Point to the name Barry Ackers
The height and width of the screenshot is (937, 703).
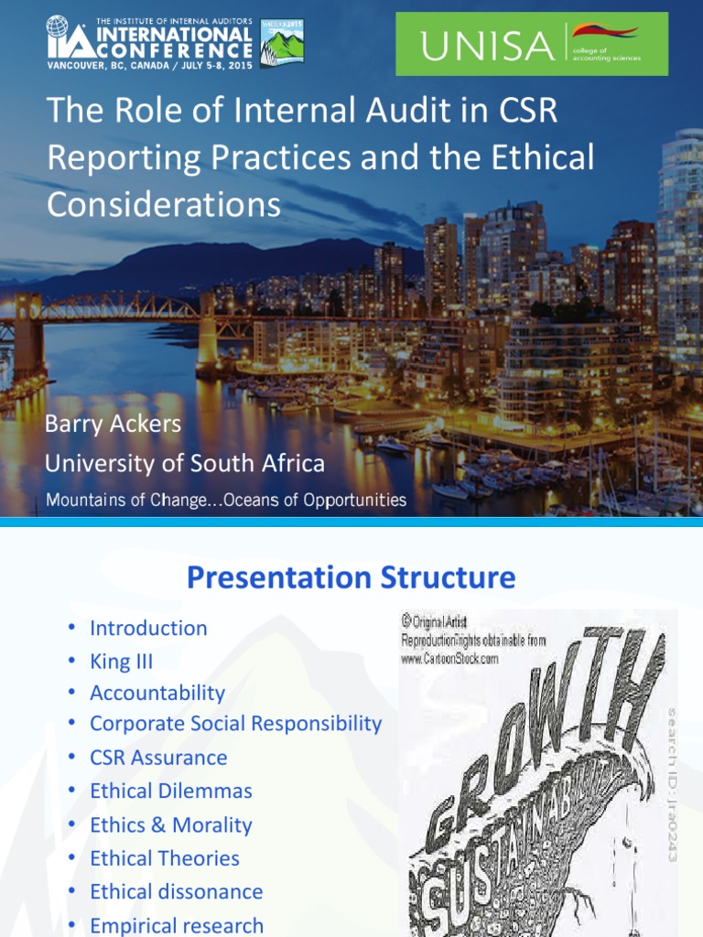click(114, 425)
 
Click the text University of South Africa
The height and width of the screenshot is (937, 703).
click(185, 463)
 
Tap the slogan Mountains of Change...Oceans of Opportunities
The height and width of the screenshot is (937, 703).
click(226, 500)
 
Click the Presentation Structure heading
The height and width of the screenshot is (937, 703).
click(351, 577)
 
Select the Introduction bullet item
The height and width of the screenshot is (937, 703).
click(148, 628)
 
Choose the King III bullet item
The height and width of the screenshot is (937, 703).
click(121, 662)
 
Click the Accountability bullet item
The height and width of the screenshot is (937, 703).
click(157, 693)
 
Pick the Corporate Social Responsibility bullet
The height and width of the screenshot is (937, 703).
click(235, 723)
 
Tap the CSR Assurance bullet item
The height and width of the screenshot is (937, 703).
click(158, 758)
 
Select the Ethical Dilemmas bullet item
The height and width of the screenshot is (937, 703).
click(170, 791)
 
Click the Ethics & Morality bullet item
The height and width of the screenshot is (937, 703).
click(170, 824)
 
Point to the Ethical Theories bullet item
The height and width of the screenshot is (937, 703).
click(165, 858)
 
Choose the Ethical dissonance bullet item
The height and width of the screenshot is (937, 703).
click(176, 891)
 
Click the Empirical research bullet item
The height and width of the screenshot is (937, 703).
click(176, 925)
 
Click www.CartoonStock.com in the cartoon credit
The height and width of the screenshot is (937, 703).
click(449, 658)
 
